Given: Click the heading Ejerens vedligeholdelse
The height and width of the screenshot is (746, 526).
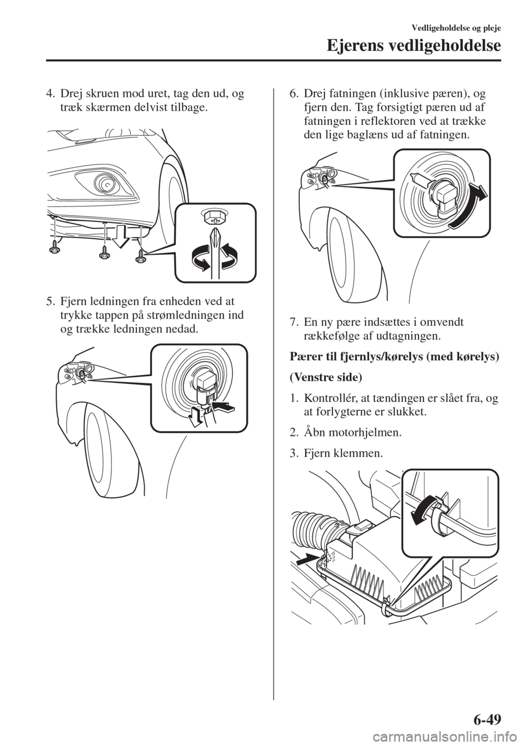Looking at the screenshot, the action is [414, 47].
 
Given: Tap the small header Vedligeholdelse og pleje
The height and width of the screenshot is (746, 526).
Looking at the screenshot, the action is [456, 28].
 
